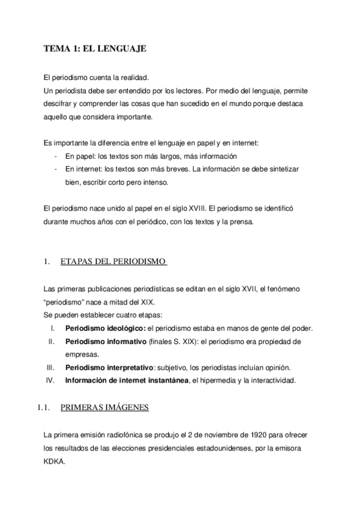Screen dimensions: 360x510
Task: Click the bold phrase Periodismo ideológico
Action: [x=105, y=328]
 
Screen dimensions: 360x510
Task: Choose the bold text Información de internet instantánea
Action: [x=126, y=380]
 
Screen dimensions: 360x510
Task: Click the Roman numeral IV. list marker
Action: [x=50, y=380]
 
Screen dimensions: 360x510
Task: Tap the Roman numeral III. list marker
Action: [x=51, y=367]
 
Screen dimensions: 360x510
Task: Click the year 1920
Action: [x=238, y=435]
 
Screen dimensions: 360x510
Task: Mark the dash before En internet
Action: [x=55, y=169]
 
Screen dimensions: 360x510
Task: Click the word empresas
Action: [x=82, y=354]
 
